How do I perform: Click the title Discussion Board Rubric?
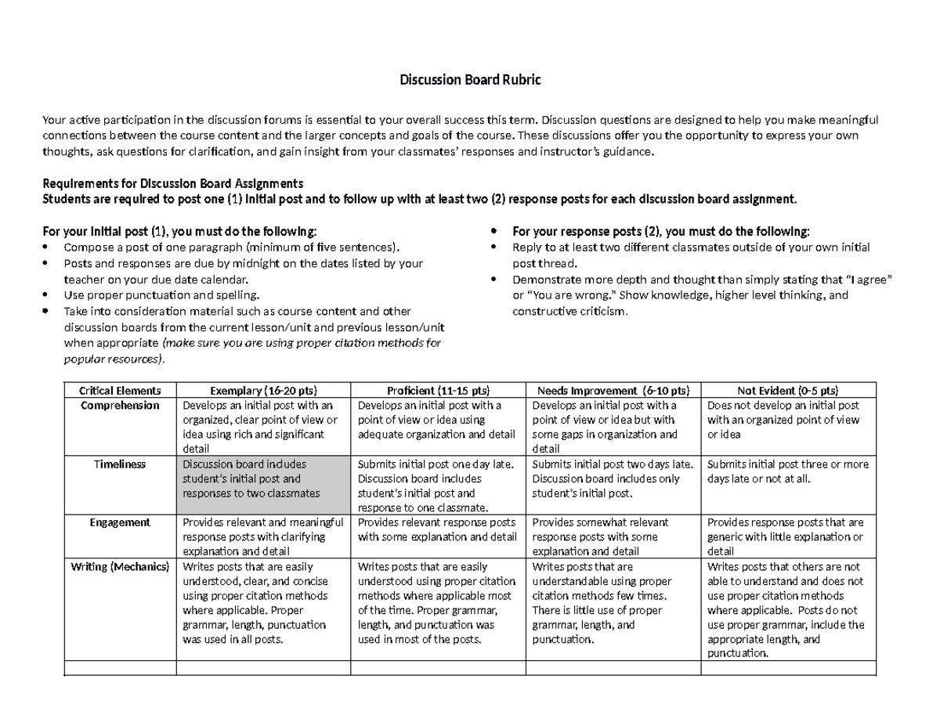coord(470,80)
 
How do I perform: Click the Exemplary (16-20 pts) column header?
coord(264,390)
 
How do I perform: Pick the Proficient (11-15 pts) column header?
coord(438,390)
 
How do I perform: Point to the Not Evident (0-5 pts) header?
coord(787,390)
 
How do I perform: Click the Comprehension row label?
coord(120,406)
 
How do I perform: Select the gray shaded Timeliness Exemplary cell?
coord(264,479)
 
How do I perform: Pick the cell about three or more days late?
coord(787,471)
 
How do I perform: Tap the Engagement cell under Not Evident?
coord(787,536)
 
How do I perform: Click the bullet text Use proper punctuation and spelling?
coord(160,295)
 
